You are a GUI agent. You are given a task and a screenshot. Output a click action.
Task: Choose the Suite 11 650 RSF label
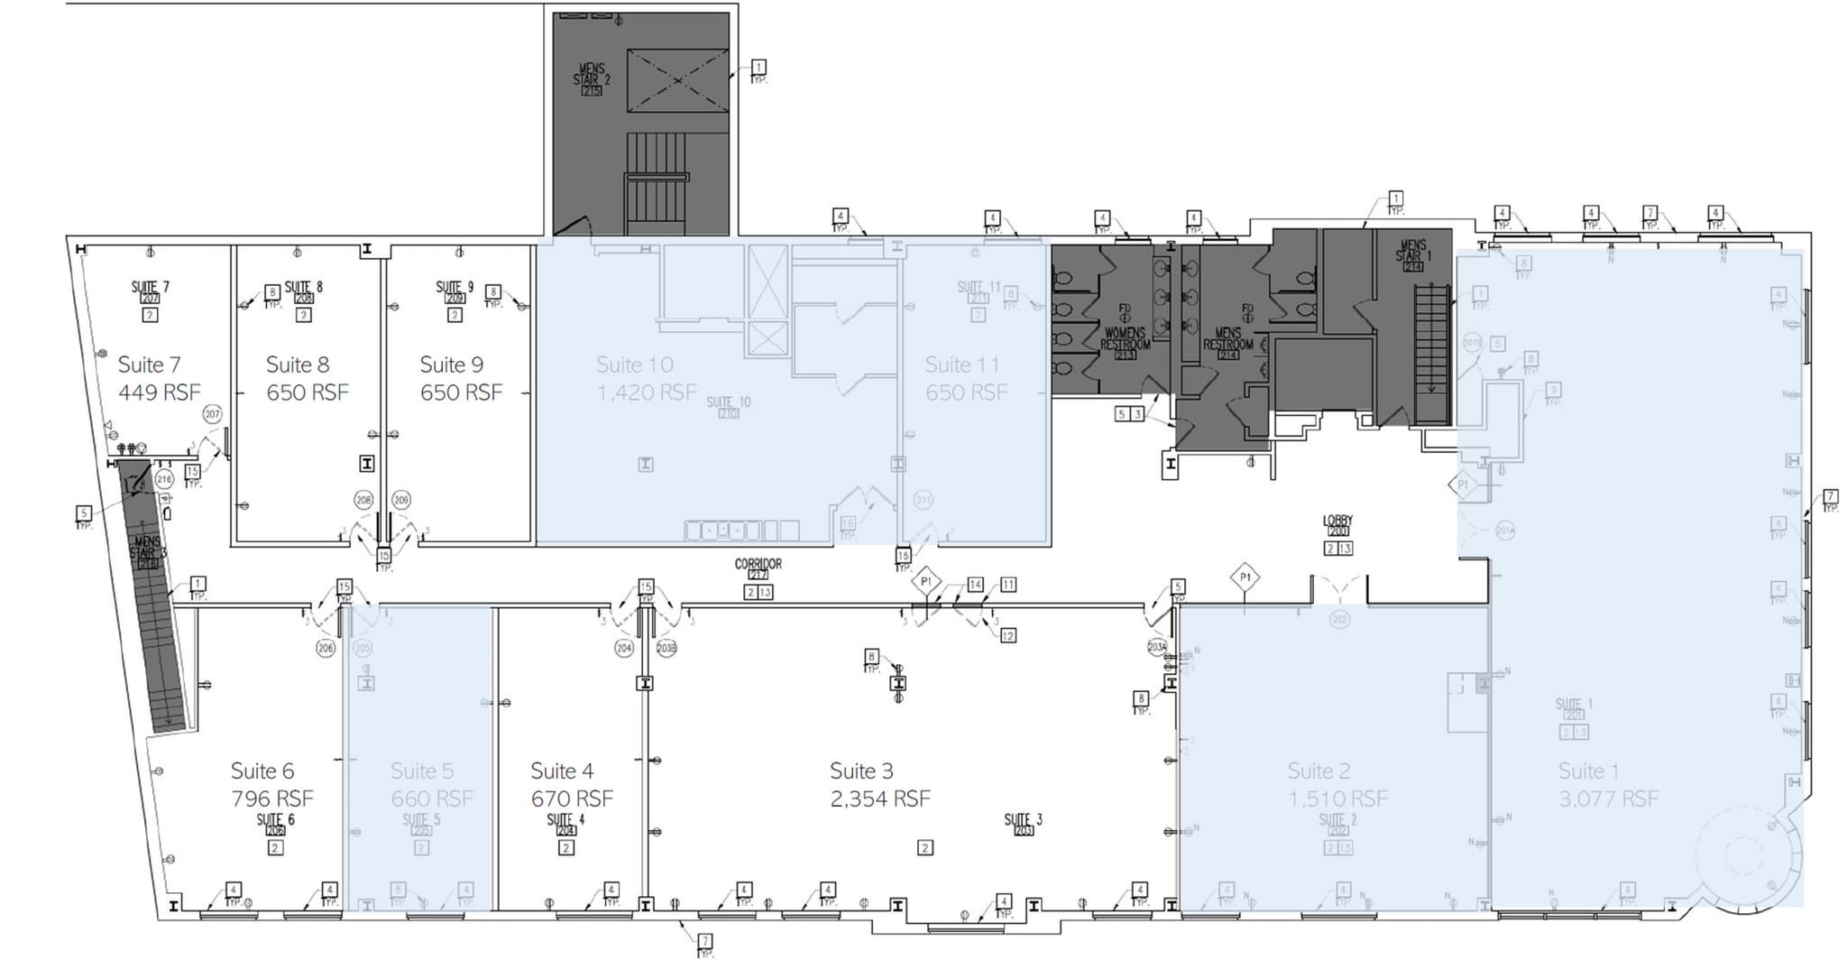click(965, 378)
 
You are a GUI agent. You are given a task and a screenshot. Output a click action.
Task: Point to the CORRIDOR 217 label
click(758, 568)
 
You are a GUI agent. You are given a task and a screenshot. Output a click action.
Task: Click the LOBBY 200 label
click(1337, 525)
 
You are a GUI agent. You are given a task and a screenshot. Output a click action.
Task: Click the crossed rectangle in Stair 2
click(677, 81)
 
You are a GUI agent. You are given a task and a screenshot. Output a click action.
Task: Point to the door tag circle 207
click(212, 414)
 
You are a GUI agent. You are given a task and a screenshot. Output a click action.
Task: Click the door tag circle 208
click(363, 499)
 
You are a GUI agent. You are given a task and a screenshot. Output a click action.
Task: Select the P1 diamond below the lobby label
click(1245, 577)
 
